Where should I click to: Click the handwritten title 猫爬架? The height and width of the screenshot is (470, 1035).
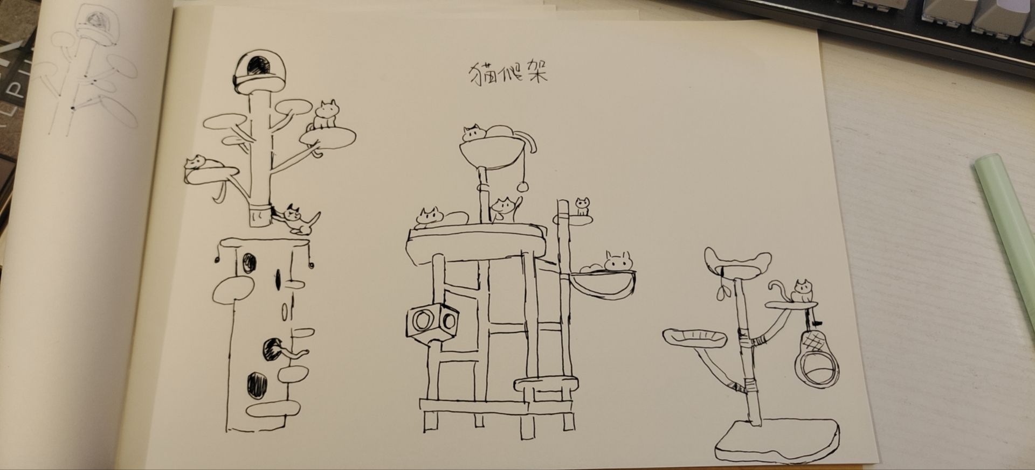(x=507, y=74)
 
